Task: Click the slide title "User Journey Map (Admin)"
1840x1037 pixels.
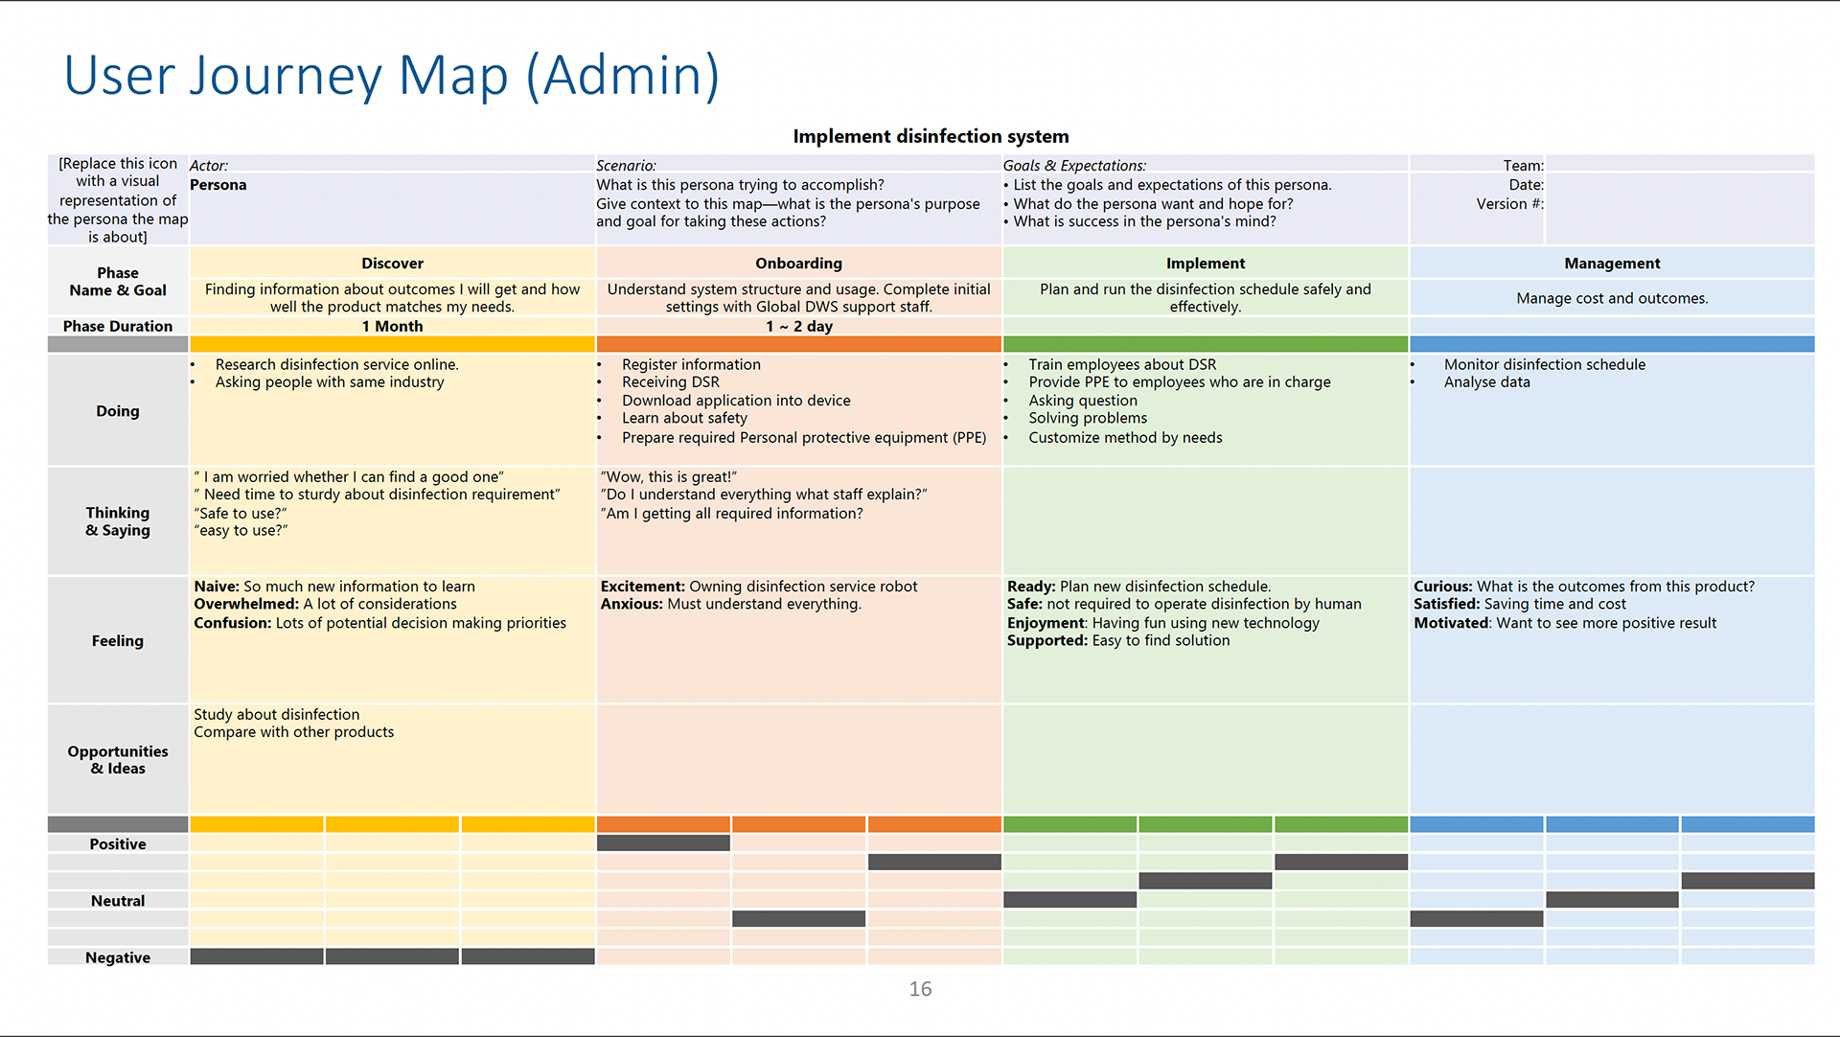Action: click(391, 77)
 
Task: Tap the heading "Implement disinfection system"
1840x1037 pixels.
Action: click(931, 136)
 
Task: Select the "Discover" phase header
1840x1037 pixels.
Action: click(392, 264)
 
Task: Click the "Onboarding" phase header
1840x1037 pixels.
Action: click(798, 264)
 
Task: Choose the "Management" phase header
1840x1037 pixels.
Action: click(1612, 264)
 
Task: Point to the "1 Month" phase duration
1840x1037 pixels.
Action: click(392, 327)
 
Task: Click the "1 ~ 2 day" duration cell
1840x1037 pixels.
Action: click(798, 327)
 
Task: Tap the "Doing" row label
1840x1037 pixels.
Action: click(118, 411)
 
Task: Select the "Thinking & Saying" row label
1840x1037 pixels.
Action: click(118, 521)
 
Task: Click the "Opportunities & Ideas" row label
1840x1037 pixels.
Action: click(118, 760)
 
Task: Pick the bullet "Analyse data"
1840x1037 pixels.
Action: click(1487, 382)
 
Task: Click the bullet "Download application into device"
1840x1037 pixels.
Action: click(736, 401)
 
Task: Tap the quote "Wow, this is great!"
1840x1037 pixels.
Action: click(669, 477)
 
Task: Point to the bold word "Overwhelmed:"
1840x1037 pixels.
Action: click(246, 604)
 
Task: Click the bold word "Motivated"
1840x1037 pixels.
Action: click(1451, 623)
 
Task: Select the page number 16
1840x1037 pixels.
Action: click(920, 989)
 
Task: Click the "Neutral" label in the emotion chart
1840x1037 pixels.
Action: click(118, 901)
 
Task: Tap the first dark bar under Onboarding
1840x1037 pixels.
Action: click(663, 843)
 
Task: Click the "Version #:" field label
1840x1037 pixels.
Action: click(1509, 204)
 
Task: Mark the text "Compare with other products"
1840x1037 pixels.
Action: click(293, 732)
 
